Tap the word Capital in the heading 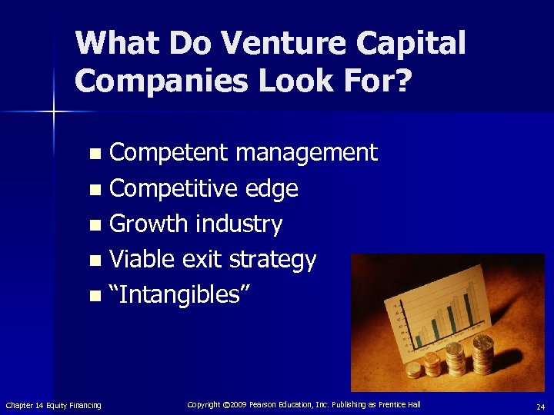[409, 44]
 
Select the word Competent [169, 153]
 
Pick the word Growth [149, 224]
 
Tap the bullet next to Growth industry [95, 225]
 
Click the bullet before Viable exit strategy [95, 261]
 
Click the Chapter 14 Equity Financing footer [53, 405]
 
